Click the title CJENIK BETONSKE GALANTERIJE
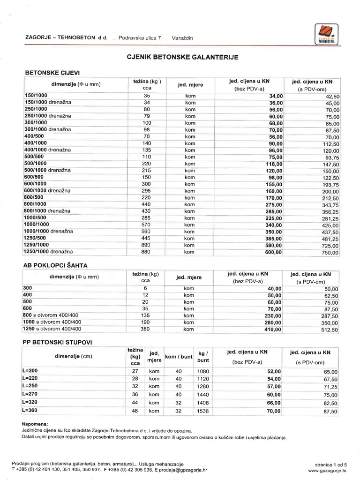pos(183,57)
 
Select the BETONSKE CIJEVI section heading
pos(52,73)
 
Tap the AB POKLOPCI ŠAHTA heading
pos(55,265)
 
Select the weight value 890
pos(146,245)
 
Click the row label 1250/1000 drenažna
pos(49,252)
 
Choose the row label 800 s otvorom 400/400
pos(52,315)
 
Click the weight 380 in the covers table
pos(146,329)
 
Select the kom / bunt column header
pos(179,357)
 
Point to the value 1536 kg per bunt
pos(203,411)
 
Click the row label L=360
pos(30,411)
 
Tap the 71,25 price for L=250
pos(330,387)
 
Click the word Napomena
pos(35,423)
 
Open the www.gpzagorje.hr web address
pos(327,469)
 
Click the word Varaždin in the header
pos(183,37)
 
